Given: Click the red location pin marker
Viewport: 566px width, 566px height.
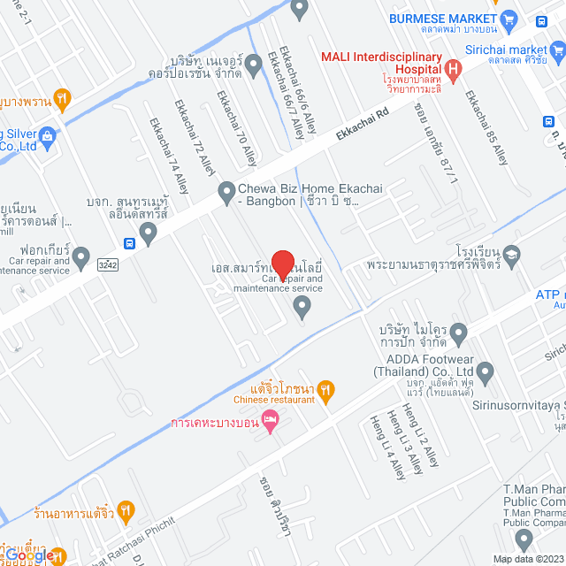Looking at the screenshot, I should pos(282,264).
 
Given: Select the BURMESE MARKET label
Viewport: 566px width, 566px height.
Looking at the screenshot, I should pos(442,19).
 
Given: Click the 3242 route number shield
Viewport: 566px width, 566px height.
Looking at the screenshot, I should pos(108,264).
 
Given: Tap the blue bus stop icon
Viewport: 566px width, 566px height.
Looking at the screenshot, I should pos(130,243).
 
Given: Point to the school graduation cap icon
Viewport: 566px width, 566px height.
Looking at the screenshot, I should pos(511,256).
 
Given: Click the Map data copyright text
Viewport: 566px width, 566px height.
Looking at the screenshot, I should pos(528,559).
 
